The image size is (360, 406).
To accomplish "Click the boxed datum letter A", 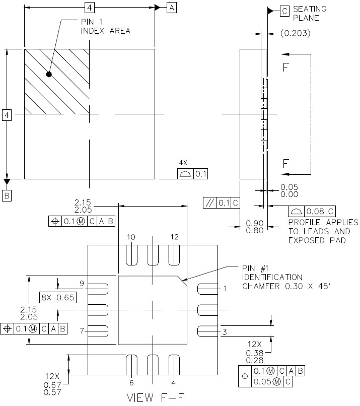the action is (x=172, y=8).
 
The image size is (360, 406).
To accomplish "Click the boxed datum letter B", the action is (x=7, y=196).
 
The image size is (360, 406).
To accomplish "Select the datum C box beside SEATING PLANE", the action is (x=284, y=11).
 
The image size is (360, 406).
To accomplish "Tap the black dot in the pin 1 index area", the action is (x=49, y=75).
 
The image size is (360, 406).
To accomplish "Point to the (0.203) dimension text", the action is (x=295, y=33).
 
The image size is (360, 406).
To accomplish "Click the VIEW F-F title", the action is (x=155, y=398).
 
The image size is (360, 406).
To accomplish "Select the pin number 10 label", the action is (x=131, y=237).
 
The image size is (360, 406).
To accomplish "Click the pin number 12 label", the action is (x=174, y=237).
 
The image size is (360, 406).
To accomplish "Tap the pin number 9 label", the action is (x=82, y=283).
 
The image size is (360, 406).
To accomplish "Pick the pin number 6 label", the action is (x=131, y=383).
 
